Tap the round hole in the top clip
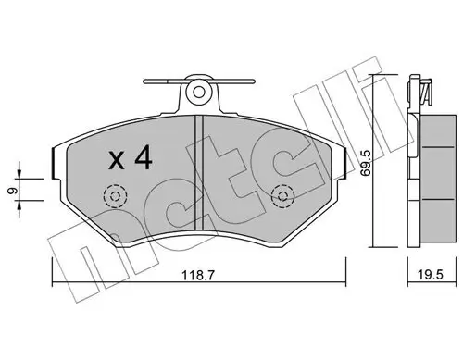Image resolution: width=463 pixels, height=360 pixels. [198, 93]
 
